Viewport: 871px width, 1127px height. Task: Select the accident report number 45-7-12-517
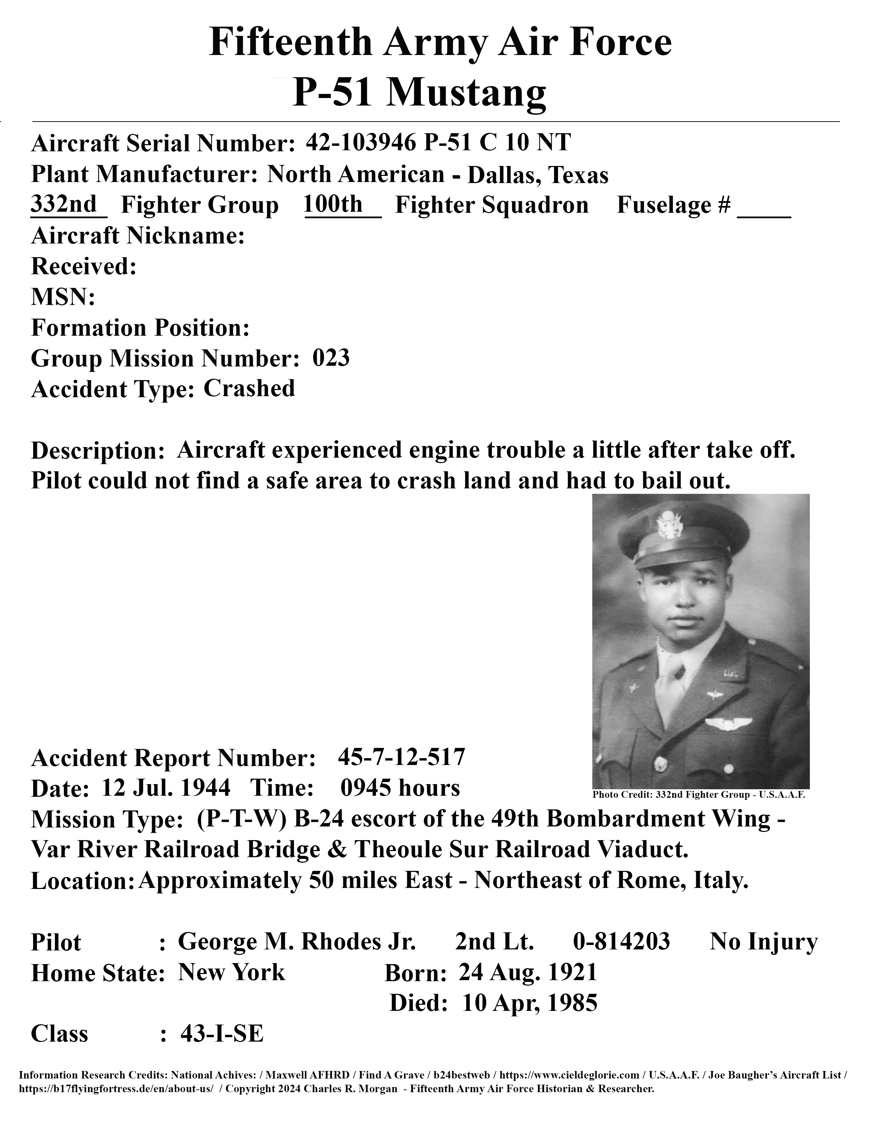[x=401, y=757]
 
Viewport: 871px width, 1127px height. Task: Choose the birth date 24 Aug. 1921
[x=528, y=972]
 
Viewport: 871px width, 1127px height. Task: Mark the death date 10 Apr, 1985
[x=530, y=1003]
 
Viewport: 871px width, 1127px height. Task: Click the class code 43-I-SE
[x=222, y=1034]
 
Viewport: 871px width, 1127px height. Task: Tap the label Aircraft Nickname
[x=138, y=236]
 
